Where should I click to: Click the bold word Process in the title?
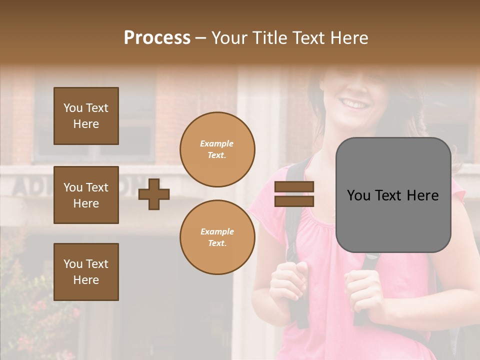[157, 38]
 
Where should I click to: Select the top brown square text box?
[86, 116]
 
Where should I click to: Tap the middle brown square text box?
[86, 195]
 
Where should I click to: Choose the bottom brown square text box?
[86, 272]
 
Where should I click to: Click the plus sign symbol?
[154, 194]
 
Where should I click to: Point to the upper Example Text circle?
[217, 149]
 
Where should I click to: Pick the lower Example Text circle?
[217, 237]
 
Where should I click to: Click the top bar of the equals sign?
[294, 186]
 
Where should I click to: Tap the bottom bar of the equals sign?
[294, 201]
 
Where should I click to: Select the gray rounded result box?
[393, 195]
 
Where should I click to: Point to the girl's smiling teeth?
[355, 105]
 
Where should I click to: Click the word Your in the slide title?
[228, 38]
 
